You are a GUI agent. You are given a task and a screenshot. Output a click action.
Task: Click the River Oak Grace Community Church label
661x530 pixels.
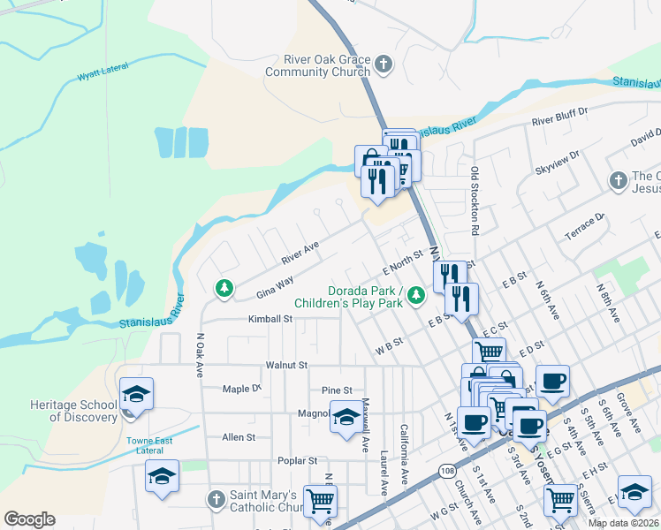tap(315, 65)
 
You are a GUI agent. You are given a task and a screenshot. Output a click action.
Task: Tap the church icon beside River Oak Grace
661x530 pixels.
tap(383, 64)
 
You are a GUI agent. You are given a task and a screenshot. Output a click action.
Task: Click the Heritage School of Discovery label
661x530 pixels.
tap(73, 411)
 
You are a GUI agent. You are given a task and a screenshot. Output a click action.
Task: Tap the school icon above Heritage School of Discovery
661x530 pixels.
tap(137, 393)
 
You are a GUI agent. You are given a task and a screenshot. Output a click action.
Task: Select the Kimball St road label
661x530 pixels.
tap(270, 319)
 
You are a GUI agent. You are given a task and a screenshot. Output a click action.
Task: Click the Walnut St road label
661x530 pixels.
tap(286, 365)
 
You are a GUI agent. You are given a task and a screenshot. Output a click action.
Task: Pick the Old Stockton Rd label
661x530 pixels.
tap(475, 194)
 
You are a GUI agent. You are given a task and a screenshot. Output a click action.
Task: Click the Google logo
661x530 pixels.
tap(29, 519)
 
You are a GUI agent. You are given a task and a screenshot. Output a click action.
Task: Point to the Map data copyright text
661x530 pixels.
tap(622, 523)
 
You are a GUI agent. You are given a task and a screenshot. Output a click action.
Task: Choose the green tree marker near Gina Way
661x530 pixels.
tap(224, 288)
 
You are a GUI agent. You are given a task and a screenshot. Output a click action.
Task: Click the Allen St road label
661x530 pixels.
tap(239, 437)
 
